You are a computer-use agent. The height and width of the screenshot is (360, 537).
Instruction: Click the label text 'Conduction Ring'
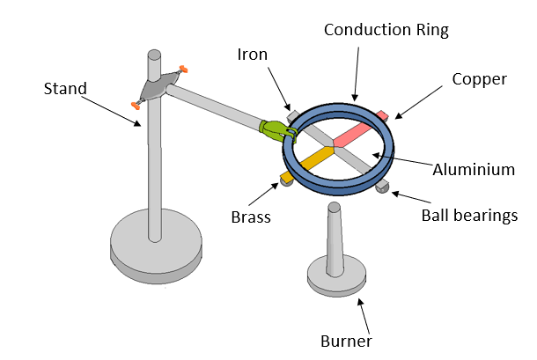pyautogui.click(x=386, y=30)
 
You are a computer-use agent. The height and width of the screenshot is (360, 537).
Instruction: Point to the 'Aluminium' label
pyautogui.click(x=474, y=170)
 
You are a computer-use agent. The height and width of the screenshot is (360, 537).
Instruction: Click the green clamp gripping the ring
pyautogui.click(x=278, y=130)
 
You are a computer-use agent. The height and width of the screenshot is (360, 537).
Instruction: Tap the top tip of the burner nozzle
pyautogui.click(x=335, y=208)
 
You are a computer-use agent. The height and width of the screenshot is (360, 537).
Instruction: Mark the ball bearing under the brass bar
pyautogui.click(x=285, y=180)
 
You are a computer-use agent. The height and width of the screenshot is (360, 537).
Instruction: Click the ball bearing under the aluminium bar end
pyautogui.click(x=382, y=187)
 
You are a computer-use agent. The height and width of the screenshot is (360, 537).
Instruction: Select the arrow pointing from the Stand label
pyautogui.click(x=114, y=111)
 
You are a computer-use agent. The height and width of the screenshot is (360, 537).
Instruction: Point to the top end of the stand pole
pyautogui.click(x=154, y=55)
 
